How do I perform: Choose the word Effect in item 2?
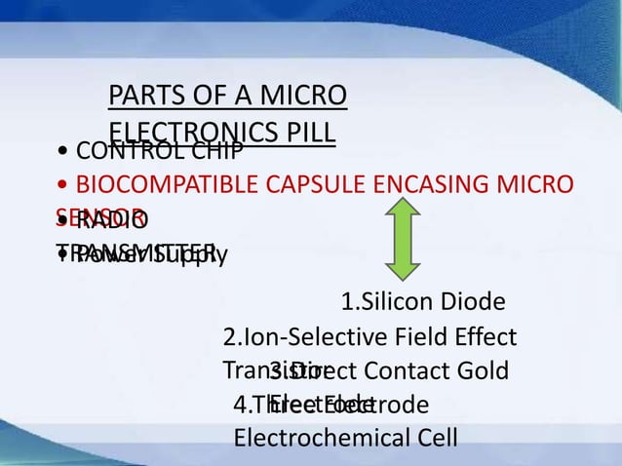484,338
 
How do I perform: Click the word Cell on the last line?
436,438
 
